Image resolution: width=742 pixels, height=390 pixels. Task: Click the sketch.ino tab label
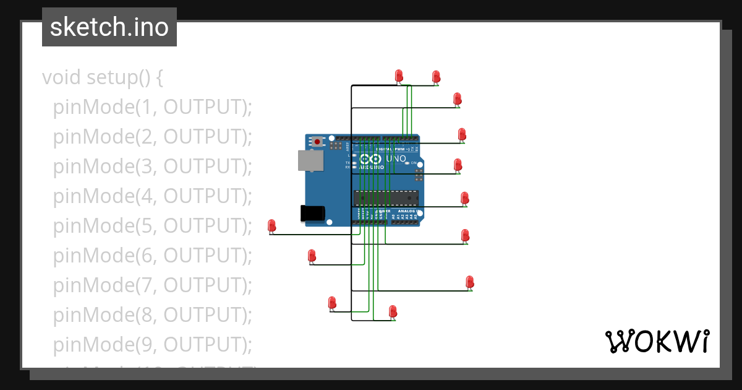tap(109, 27)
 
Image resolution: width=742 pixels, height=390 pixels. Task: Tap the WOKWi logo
tap(657, 342)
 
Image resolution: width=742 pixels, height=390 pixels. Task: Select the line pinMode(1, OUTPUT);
tap(153, 107)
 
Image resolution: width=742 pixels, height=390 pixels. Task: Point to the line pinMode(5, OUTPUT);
tap(153, 225)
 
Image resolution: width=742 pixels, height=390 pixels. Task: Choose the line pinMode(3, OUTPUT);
tap(153, 167)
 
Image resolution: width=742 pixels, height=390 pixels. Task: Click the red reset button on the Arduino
tap(317, 141)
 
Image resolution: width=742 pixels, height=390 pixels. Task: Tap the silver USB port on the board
tap(310, 160)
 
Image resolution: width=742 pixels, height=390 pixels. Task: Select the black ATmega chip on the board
tap(386, 198)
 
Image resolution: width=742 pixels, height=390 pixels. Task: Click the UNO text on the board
tap(396, 159)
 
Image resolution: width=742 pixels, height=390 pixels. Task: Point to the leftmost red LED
tap(271, 226)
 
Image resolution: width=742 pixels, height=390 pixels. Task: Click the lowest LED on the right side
tap(469, 282)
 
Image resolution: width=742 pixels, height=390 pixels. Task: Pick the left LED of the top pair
tap(399, 76)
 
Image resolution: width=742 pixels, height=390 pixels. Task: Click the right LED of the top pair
tap(436, 76)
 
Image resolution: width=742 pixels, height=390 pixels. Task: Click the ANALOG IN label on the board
tap(406, 211)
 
